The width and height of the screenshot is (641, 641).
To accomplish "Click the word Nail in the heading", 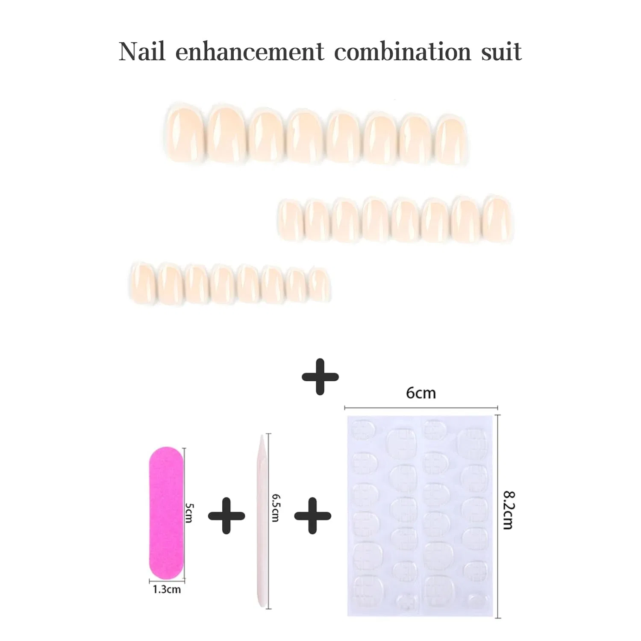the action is click(x=142, y=52).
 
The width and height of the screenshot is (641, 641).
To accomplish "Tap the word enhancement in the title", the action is click(x=250, y=52).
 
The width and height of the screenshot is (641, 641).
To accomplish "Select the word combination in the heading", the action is click(x=403, y=52).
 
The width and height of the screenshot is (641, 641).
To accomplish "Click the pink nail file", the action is click(x=166, y=513).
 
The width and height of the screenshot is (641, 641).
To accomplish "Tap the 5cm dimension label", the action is click(x=189, y=513).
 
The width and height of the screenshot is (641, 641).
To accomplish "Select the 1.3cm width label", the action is click(x=167, y=589).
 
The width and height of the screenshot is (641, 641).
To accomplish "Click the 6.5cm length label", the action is click(x=276, y=508).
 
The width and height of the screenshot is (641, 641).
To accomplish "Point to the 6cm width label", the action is click(x=421, y=393).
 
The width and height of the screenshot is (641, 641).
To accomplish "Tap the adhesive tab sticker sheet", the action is click(x=420, y=516).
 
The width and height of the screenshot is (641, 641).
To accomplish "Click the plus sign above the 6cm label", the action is click(x=320, y=376).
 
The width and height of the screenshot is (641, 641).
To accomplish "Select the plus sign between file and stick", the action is click(x=226, y=515).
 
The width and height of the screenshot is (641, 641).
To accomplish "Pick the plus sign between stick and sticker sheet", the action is click(x=313, y=515).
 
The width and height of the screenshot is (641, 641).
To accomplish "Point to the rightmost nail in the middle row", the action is click(x=498, y=219).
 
